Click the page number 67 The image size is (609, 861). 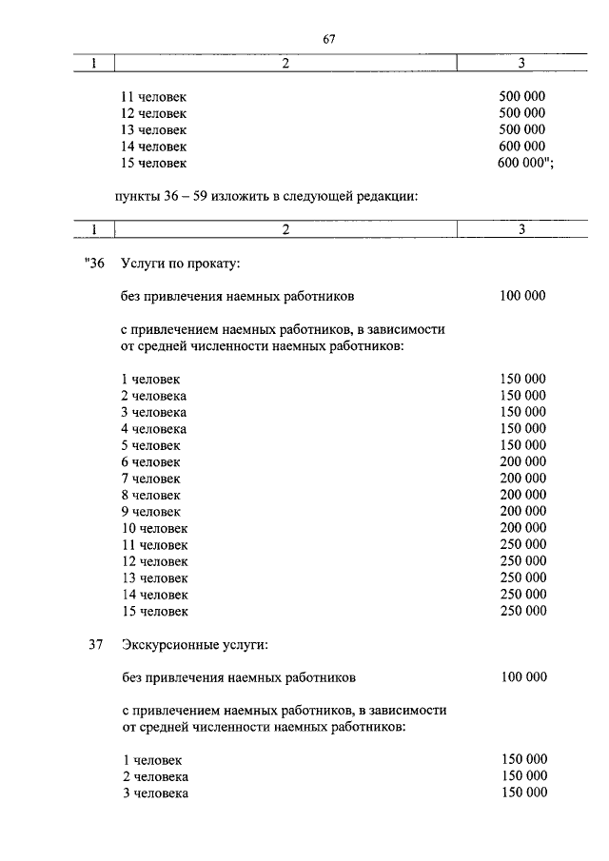330,39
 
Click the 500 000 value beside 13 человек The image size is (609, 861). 521,129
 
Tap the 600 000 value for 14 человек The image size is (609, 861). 521,147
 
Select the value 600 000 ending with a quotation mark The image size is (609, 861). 525,164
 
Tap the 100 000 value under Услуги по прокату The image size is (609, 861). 522,296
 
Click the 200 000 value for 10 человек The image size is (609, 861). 522,528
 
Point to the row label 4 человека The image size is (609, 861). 153,428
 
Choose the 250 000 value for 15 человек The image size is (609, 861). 522,611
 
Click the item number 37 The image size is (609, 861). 95,645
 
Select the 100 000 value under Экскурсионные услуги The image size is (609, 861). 522,677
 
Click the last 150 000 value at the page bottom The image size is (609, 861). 523,793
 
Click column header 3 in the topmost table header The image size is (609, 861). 521,64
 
